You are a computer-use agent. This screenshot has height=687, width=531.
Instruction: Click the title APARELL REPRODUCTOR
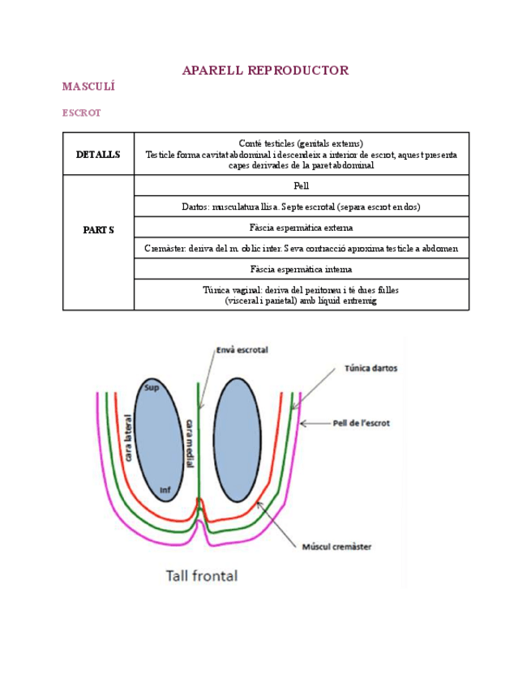point(265,70)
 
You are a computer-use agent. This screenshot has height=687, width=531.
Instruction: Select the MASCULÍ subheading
point(88,86)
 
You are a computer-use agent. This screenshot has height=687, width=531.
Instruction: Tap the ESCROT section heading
point(82,113)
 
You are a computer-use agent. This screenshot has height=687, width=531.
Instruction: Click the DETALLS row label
point(98,154)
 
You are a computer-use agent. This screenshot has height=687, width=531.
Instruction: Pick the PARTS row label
point(99,229)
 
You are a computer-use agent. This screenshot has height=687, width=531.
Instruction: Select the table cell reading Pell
point(302,186)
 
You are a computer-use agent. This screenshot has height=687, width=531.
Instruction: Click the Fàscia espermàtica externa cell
point(302,228)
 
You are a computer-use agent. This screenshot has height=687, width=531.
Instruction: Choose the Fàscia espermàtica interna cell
point(302,269)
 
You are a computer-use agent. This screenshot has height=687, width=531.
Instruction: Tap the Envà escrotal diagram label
point(242,350)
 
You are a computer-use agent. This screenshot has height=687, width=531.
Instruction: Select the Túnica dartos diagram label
point(371,368)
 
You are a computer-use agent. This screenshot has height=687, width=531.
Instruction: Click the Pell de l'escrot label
point(362,423)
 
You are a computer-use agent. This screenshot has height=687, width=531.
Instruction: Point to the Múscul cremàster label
point(336,547)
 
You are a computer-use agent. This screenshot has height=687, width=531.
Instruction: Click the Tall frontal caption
point(202,575)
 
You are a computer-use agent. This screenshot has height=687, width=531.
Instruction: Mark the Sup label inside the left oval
point(152,387)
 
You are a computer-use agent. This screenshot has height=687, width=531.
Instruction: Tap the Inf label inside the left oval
point(165,490)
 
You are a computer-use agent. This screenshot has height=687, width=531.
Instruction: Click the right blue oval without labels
point(238,439)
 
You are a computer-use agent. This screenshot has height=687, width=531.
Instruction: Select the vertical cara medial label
point(190,443)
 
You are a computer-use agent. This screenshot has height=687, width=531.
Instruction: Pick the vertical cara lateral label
point(128,437)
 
